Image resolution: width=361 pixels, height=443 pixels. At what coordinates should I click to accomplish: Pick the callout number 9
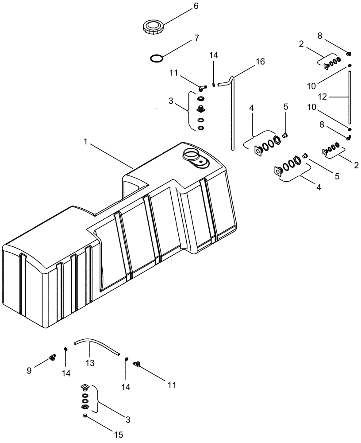29,371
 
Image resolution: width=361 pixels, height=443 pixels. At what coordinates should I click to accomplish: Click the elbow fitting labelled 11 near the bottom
138,364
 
